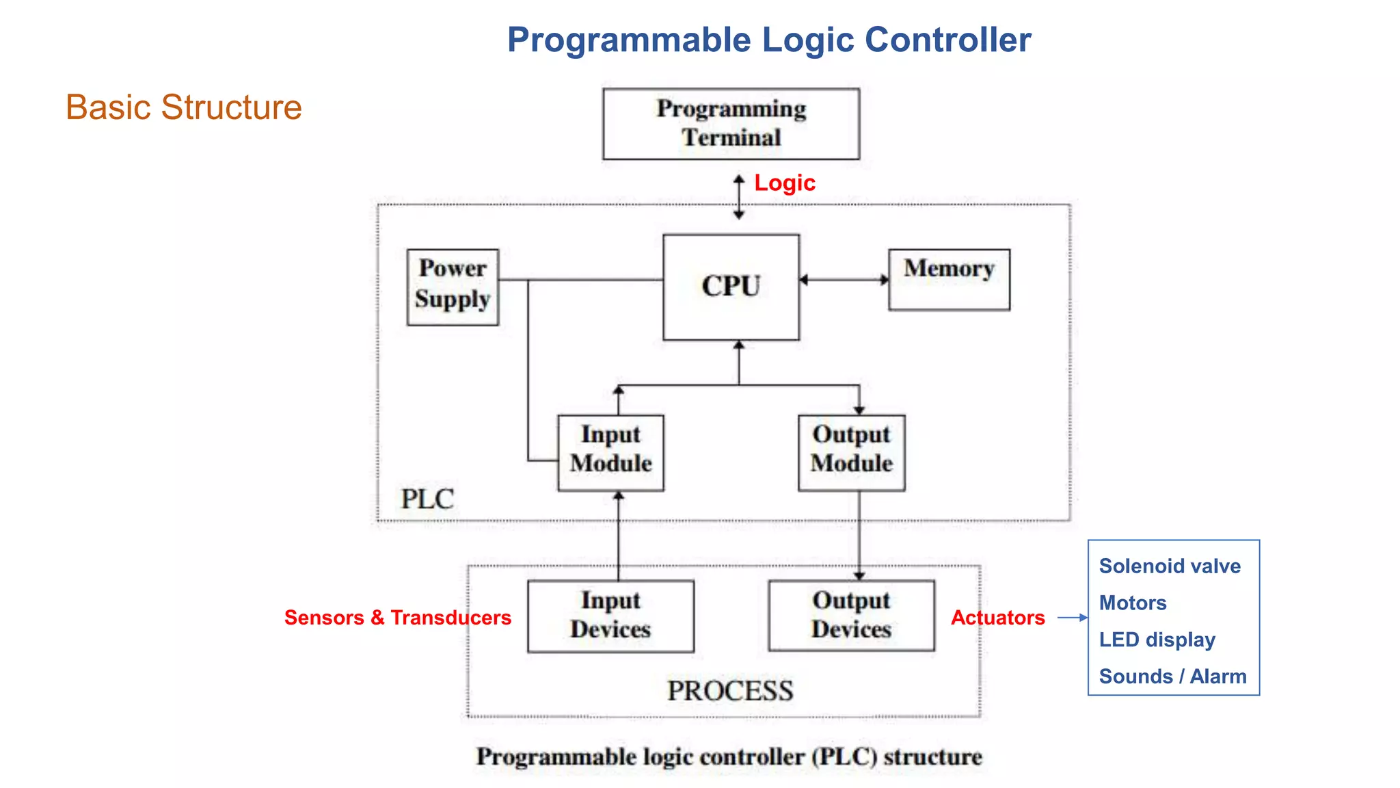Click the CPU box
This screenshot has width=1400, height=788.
[731, 287]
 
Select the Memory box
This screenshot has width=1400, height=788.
[949, 279]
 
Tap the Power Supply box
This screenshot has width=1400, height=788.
[453, 287]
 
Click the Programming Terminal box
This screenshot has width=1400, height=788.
[731, 124]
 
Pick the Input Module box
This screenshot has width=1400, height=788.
[610, 452]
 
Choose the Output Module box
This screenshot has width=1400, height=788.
[851, 452]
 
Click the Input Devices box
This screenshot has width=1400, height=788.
[610, 616]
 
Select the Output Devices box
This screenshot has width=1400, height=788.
[851, 616]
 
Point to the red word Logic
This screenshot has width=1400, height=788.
[784, 183]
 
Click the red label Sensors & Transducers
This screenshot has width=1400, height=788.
[397, 617]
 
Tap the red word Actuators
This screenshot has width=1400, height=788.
[997, 617]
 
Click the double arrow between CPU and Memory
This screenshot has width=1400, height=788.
[844, 280]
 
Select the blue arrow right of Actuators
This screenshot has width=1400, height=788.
[1072, 617]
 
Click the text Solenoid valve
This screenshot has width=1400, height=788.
[1169, 566]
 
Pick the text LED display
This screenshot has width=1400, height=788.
[1157, 640]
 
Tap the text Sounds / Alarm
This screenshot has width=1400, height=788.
[1172, 676]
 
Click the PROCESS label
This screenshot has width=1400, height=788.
[730, 691]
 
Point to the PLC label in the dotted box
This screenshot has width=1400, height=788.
[427, 499]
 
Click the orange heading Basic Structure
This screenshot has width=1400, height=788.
[183, 107]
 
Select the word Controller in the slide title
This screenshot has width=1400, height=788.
[947, 40]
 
